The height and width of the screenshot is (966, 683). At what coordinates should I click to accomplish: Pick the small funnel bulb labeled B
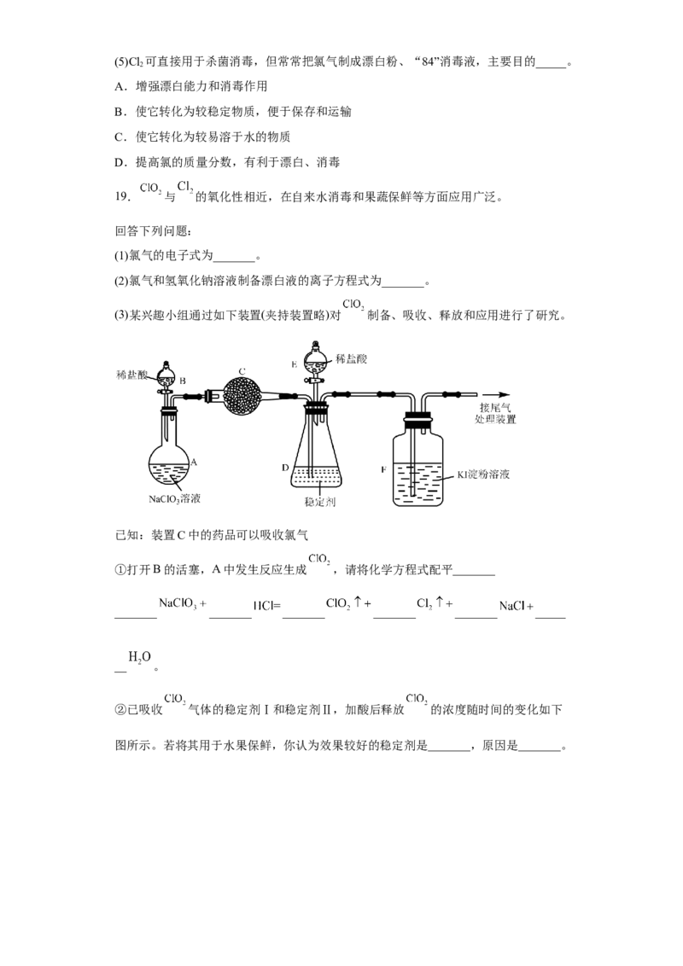(x=166, y=375)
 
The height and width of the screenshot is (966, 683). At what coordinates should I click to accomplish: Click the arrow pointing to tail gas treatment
(x=497, y=394)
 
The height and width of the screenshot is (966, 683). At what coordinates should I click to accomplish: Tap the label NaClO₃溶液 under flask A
(x=174, y=499)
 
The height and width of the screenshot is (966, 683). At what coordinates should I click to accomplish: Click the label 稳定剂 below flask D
(x=319, y=502)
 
